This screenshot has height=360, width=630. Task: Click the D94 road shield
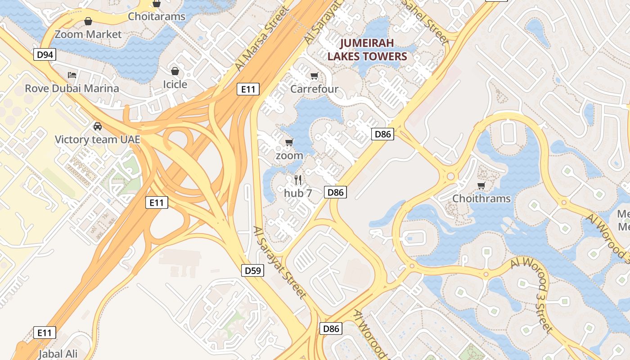(45, 55)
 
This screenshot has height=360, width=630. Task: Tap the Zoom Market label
(88, 34)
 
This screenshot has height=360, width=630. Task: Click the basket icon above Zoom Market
(88, 21)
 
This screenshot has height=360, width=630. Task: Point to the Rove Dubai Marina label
(72, 88)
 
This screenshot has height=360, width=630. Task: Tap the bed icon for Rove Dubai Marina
(72, 75)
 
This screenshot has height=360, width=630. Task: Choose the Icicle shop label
(175, 84)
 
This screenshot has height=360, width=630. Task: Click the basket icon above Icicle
(175, 71)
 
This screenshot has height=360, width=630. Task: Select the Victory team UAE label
(97, 139)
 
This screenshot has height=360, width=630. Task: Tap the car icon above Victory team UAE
(97, 126)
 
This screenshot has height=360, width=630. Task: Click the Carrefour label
(314, 89)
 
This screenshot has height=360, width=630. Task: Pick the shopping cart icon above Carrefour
(314, 76)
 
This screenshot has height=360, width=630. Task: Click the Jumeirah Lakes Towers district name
(367, 49)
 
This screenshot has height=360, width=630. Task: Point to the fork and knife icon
(298, 180)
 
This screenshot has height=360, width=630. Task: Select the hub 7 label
(298, 193)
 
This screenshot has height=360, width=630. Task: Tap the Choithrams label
(481, 198)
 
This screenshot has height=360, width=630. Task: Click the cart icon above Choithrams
(481, 185)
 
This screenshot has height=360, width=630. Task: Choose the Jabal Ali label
(58, 354)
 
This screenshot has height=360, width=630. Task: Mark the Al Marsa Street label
(261, 40)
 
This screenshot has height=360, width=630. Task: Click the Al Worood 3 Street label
(532, 295)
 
